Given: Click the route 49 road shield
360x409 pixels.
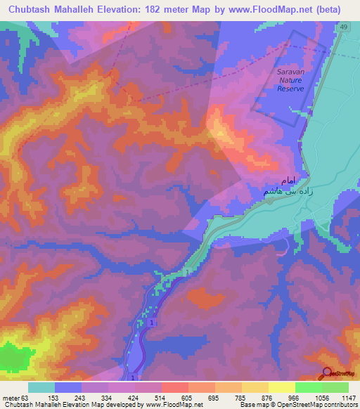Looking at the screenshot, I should coord(342,27).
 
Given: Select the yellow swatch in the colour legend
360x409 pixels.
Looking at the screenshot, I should coord(282,387).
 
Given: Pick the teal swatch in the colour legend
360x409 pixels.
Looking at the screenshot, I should coord(41,387).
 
